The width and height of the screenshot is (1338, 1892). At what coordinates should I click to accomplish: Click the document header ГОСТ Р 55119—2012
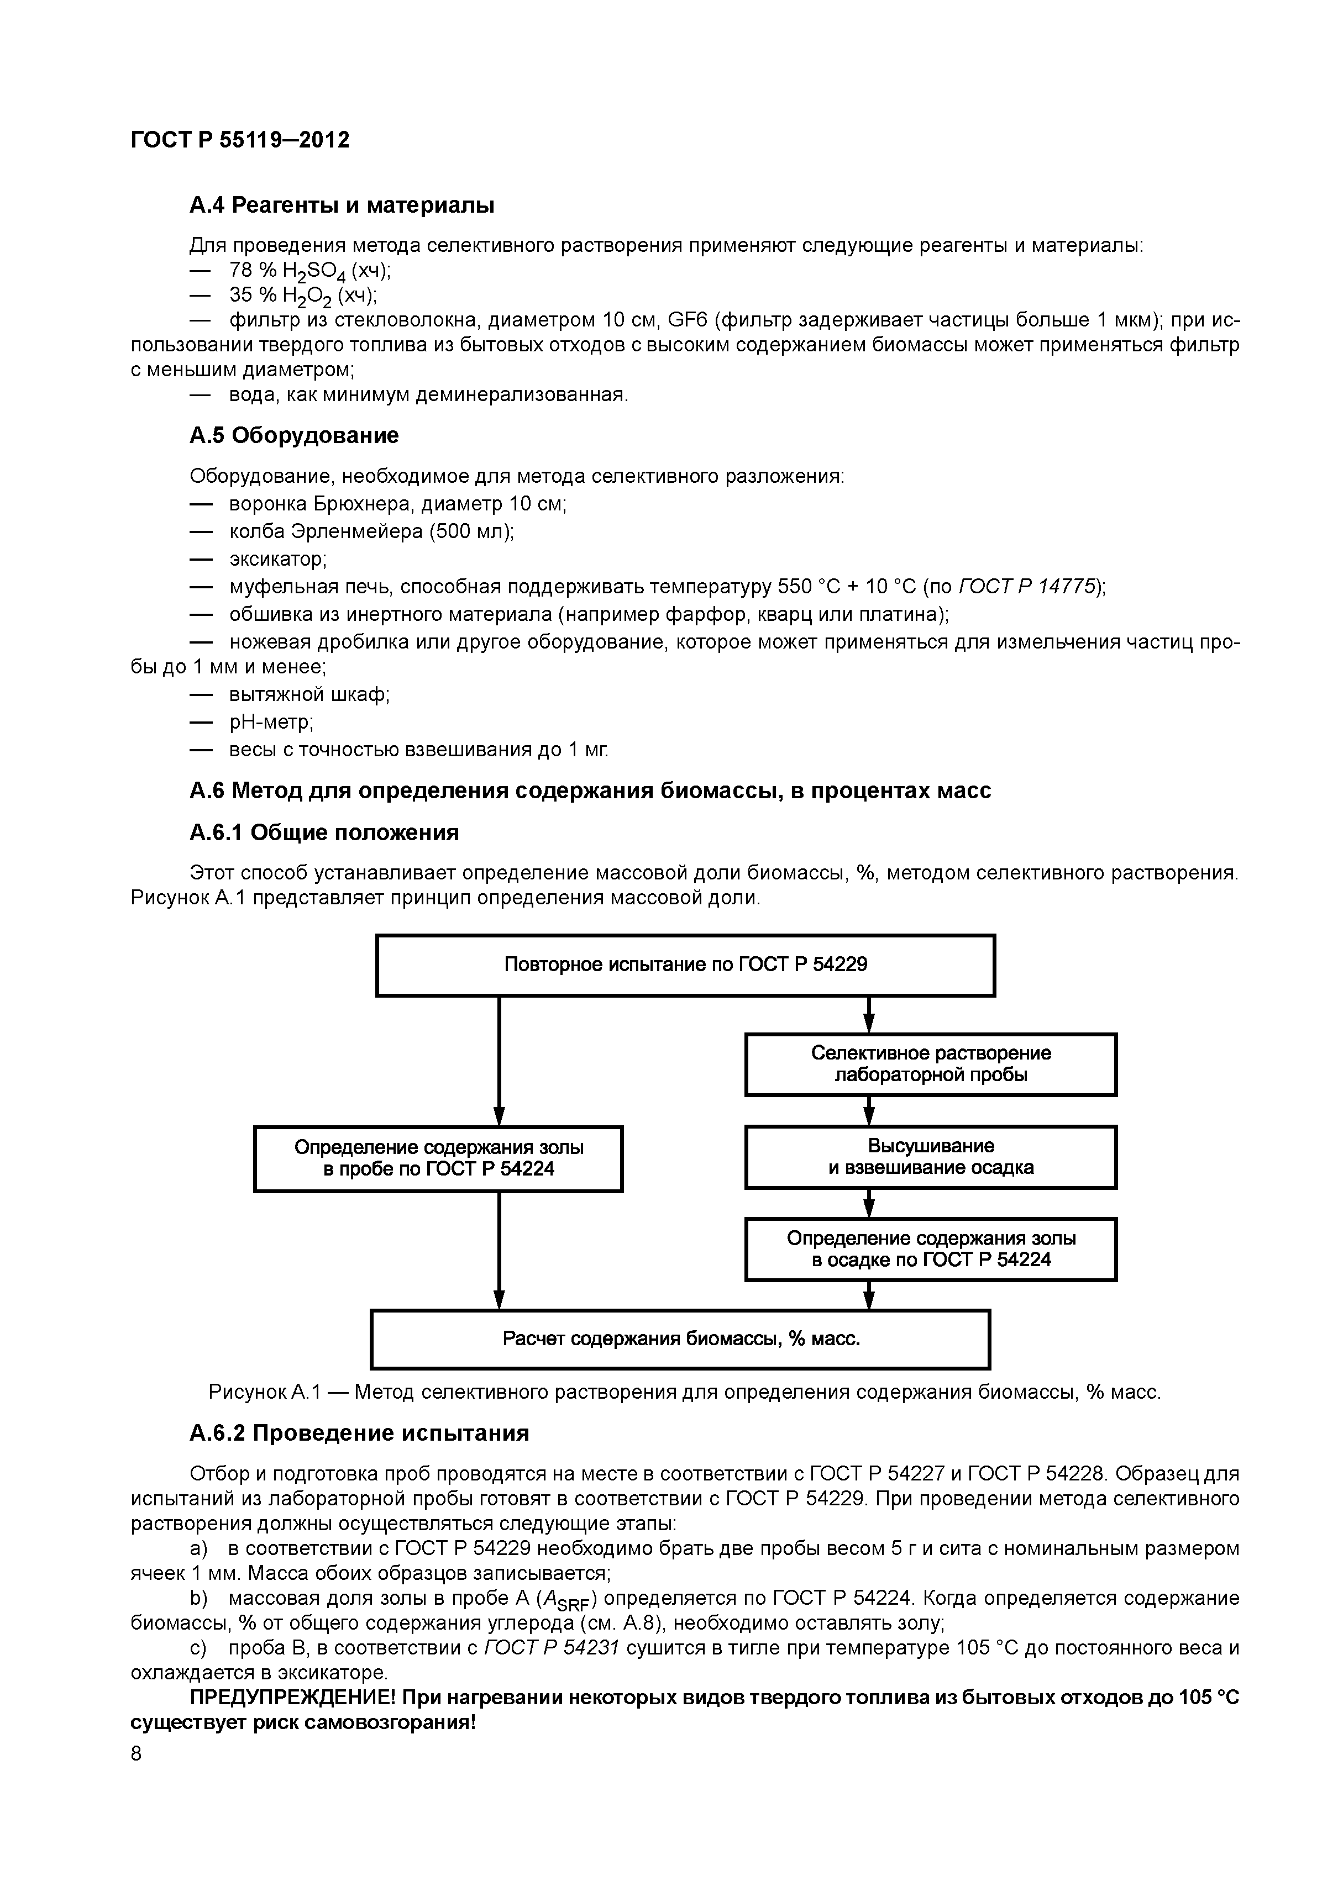[240, 140]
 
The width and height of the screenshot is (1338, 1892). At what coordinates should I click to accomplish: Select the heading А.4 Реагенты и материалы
[342, 204]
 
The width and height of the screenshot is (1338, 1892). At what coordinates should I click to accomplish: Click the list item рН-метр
[270, 722]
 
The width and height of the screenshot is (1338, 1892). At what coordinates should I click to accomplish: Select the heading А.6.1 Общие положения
[324, 832]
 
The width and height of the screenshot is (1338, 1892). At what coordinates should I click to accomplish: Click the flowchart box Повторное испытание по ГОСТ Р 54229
[685, 965]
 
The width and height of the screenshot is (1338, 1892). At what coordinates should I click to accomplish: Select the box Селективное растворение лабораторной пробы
[931, 1064]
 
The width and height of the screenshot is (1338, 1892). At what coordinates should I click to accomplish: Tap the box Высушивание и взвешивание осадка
[931, 1157]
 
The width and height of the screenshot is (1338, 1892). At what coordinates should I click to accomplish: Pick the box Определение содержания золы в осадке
[931, 1249]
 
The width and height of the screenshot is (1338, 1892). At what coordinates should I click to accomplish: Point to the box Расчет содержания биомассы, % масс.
[680, 1339]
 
